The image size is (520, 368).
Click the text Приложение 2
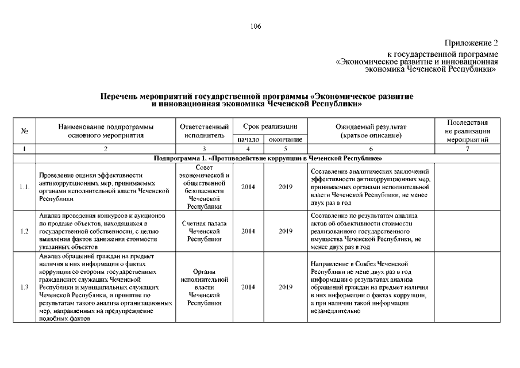(x=471, y=43)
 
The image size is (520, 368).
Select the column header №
(x=25, y=131)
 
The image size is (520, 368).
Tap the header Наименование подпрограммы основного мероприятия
(x=106, y=131)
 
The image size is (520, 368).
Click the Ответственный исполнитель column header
(x=205, y=131)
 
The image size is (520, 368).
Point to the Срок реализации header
(x=269, y=126)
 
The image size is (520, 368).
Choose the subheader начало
(x=249, y=140)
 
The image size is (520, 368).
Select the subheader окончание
(x=286, y=140)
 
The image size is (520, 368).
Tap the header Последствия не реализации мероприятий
(x=467, y=131)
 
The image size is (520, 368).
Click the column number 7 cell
(x=467, y=149)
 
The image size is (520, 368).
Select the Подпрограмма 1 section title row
(x=268, y=158)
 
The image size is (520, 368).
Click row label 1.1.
(x=25, y=187)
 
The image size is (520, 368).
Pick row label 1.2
(x=25, y=231)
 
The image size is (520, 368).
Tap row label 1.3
(x=25, y=287)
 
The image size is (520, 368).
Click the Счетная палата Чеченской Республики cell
(x=205, y=231)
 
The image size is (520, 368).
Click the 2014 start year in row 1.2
(x=249, y=231)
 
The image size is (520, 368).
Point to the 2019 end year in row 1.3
(x=286, y=287)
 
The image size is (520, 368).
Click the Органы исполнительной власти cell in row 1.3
(x=205, y=287)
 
